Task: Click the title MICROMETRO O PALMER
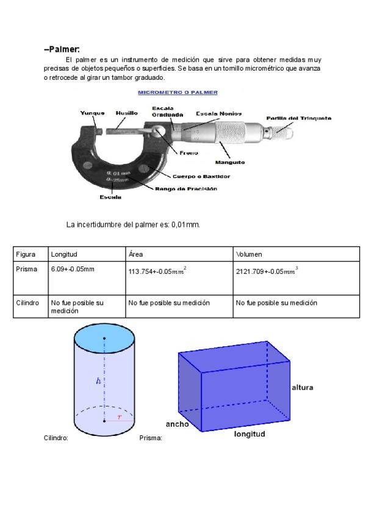pos(178,93)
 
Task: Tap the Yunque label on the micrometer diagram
pos(92,113)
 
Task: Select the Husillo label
pos(126,113)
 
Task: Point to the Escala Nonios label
pos(218,113)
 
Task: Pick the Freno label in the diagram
pos(188,153)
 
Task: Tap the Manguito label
pos(230,163)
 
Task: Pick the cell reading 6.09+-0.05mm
pos(73,269)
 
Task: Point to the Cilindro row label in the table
pos(28,302)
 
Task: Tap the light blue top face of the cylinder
pos(104,337)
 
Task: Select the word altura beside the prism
pos(303,387)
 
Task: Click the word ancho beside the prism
pos(177,424)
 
